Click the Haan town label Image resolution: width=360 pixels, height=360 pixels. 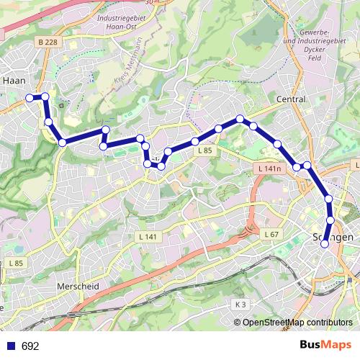[16, 81]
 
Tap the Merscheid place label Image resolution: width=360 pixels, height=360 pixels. [76, 286]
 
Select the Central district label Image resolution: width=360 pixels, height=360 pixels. [292, 99]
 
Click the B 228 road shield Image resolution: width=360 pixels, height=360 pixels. [48, 42]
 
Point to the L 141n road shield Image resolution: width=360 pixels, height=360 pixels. [267, 168]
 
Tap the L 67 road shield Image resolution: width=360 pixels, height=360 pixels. [271, 235]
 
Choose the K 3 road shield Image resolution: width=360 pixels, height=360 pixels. [240, 305]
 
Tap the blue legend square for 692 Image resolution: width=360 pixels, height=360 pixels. [10, 346]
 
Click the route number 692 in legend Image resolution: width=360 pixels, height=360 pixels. [30, 346]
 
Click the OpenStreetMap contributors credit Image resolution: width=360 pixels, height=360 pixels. [297, 322]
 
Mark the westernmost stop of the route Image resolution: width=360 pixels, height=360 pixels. [30, 97]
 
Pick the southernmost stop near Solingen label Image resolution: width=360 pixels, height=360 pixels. [325, 243]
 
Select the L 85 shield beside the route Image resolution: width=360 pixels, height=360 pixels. [204, 150]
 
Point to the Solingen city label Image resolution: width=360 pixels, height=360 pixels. [332, 237]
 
